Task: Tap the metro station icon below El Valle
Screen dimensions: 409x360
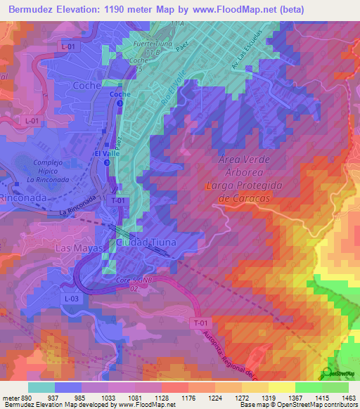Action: tap(107, 162)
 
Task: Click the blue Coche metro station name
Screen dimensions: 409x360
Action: tap(120, 93)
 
